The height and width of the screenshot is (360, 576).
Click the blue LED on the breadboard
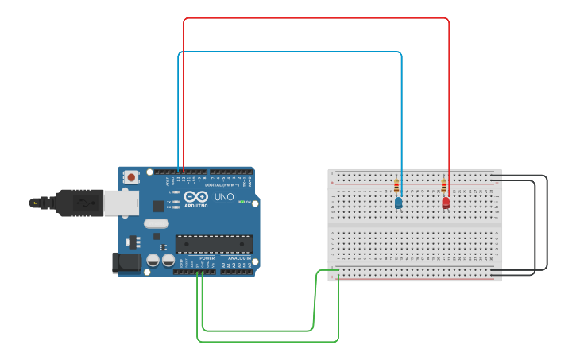(398, 203)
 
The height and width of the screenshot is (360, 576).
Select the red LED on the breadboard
(446, 203)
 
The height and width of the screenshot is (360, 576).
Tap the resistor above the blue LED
(396, 188)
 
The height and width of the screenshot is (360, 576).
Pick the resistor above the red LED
(443, 188)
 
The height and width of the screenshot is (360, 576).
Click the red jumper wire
(318, 18)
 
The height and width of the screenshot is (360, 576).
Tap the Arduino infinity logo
(195, 197)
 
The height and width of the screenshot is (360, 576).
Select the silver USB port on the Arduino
(121, 203)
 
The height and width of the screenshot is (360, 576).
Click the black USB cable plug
(79, 203)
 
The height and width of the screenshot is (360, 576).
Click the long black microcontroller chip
(214, 246)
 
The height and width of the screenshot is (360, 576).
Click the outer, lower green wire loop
(268, 342)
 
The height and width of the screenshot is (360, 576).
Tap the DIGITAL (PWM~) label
(222, 184)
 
